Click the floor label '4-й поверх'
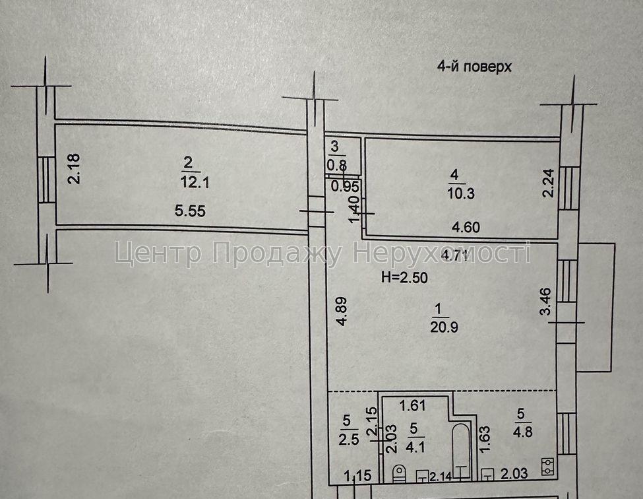[474, 67]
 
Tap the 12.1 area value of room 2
[195, 182]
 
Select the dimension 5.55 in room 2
[190, 211]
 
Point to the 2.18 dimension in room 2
[75, 168]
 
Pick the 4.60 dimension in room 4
[466, 227]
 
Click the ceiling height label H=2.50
[404, 278]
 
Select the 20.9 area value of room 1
[444, 327]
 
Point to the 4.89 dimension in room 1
[342, 312]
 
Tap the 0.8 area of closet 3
[337, 165]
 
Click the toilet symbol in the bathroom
[398, 473]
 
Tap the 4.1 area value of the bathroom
[415, 446]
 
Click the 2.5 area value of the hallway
[349, 439]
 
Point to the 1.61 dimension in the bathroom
[413, 405]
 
